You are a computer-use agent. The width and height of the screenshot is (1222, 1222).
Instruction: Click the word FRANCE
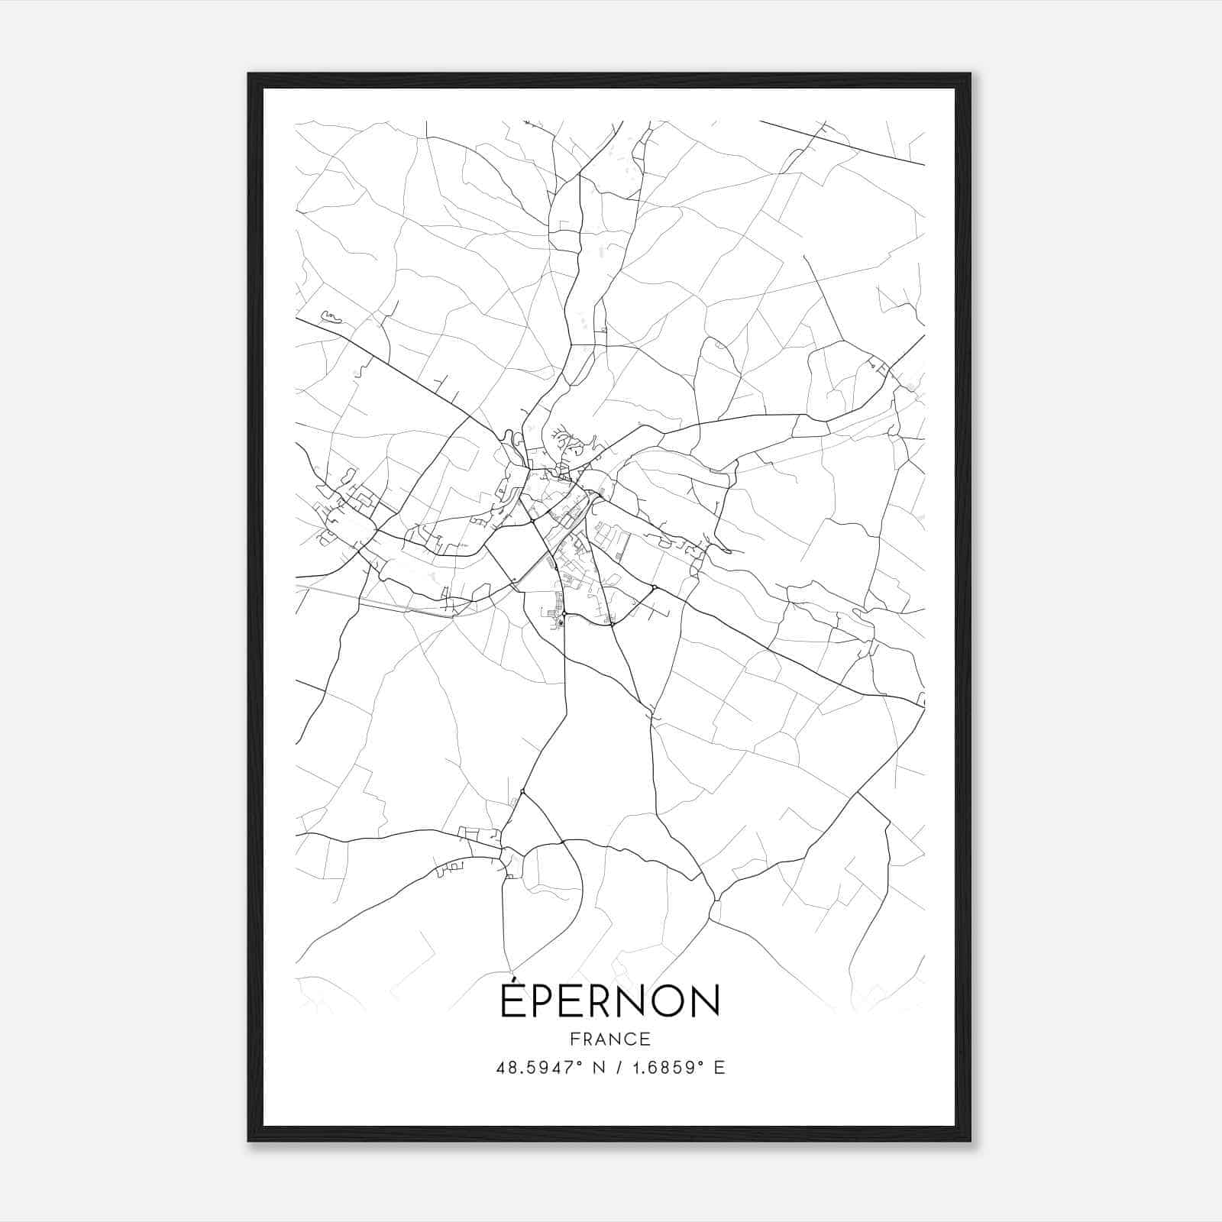609,1039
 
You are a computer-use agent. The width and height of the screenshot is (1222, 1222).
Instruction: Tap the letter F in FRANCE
574,1039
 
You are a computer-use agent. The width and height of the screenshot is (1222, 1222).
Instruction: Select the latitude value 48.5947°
537,1068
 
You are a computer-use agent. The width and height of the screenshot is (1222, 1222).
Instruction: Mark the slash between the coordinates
615,1068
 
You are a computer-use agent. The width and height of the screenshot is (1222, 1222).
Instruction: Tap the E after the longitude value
719,1068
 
